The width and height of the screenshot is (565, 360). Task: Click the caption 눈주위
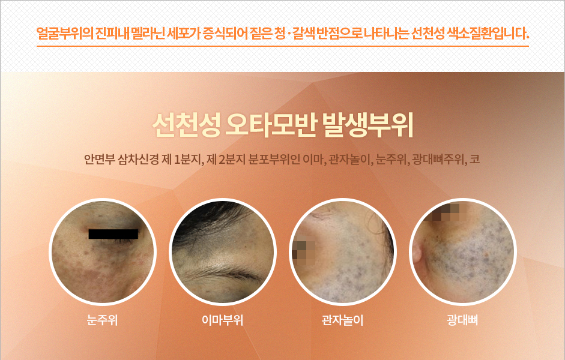click(x=102, y=320)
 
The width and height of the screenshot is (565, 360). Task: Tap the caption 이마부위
click(x=222, y=320)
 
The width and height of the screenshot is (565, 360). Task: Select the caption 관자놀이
click(x=342, y=320)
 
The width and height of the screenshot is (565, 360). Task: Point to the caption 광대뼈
click(x=462, y=320)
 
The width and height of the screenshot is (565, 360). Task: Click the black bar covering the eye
click(x=113, y=234)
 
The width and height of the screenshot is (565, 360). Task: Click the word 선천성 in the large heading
click(x=186, y=125)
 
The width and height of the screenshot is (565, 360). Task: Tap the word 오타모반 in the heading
click(x=271, y=125)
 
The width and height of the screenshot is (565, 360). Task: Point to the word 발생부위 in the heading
click(x=367, y=125)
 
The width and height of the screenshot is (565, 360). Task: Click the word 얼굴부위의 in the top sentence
click(x=65, y=34)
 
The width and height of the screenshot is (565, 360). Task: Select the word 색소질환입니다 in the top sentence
click(x=488, y=34)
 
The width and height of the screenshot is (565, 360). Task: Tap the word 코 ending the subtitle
click(x=475, y=159)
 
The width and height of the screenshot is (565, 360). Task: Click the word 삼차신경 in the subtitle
click(x=138, y=159)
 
